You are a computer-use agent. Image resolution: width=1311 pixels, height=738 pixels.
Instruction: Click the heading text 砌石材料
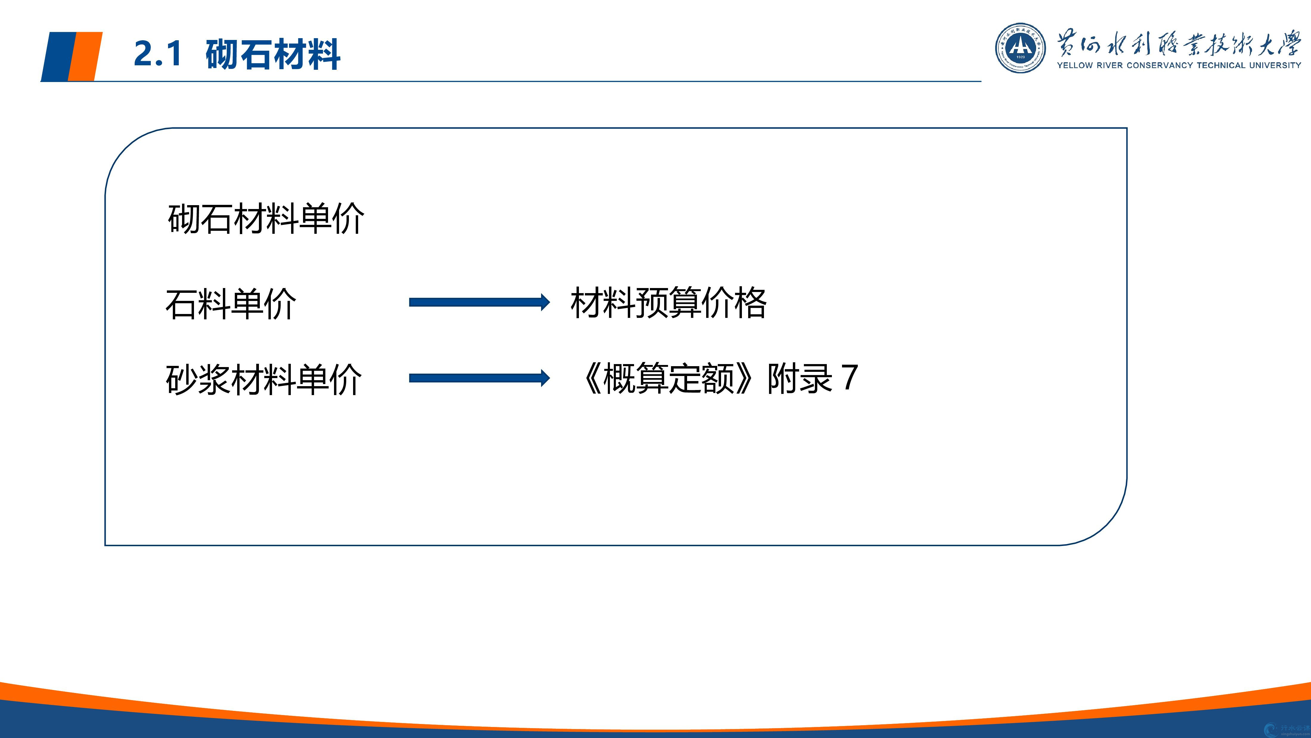click(x=273, y=54)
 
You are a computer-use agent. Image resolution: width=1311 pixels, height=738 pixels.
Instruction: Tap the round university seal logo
click(x=1020, y=47)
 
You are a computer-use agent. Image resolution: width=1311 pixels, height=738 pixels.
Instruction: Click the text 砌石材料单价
click(x=266, y=219)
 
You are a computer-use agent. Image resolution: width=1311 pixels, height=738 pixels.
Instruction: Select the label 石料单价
click(x=231, y=304)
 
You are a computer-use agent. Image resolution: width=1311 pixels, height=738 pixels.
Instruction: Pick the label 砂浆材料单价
click(x=264, y=380)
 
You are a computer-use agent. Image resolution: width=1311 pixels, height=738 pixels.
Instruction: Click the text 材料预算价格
click(x=668, y=303)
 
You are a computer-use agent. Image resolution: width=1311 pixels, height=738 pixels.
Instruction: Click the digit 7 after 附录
click(x=850, y=377)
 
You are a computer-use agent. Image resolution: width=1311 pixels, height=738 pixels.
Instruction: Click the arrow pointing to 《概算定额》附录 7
click(x=479, y=378)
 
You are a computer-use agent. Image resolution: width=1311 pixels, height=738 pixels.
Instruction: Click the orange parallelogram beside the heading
click(x=85, y=56)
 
